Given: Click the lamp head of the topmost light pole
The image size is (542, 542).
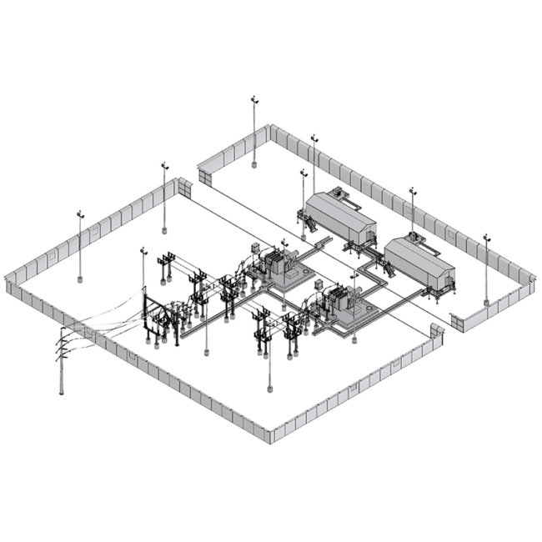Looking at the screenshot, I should [254, 99].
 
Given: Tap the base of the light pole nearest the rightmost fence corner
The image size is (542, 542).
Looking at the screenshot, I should [486, 303].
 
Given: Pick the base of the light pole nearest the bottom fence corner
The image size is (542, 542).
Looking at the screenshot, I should [269, 389].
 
